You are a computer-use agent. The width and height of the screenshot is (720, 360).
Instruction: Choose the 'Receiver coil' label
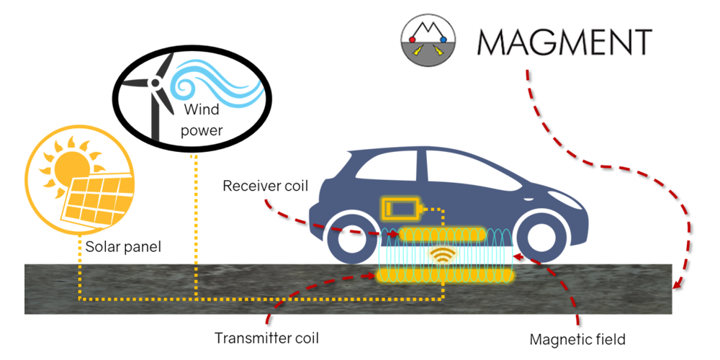[x=266, y=187]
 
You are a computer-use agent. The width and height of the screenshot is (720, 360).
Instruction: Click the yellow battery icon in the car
[x=399, y=210]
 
